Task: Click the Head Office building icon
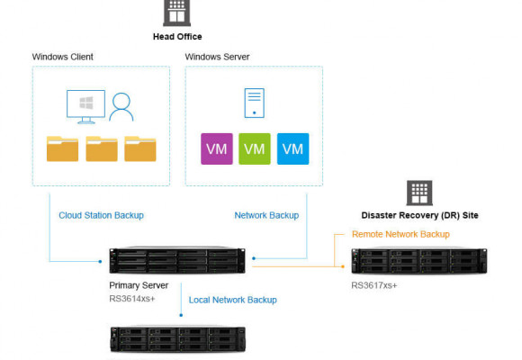coord(176,13)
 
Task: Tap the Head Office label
coord(177,37)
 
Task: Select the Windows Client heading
coord(63,57)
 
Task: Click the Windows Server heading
coord(218,57)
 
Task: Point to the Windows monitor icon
coord(85,106)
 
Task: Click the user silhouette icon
coord(121,107)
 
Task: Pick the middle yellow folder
coord(102,148)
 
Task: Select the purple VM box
coord(217,148)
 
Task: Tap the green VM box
coord(255,148)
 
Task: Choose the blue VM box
coord(293,148)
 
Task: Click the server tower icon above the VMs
coord(255,103)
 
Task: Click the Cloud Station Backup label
coord(101,215)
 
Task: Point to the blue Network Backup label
coord(266,215)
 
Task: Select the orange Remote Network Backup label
coord(400,234)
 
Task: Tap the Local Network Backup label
coord(233,300)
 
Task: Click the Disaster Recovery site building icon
coord(419,193)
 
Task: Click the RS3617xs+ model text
coord(374,285)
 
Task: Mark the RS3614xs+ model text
coord(132,299)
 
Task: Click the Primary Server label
coord(139,285)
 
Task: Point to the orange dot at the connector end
coord(343,266)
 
